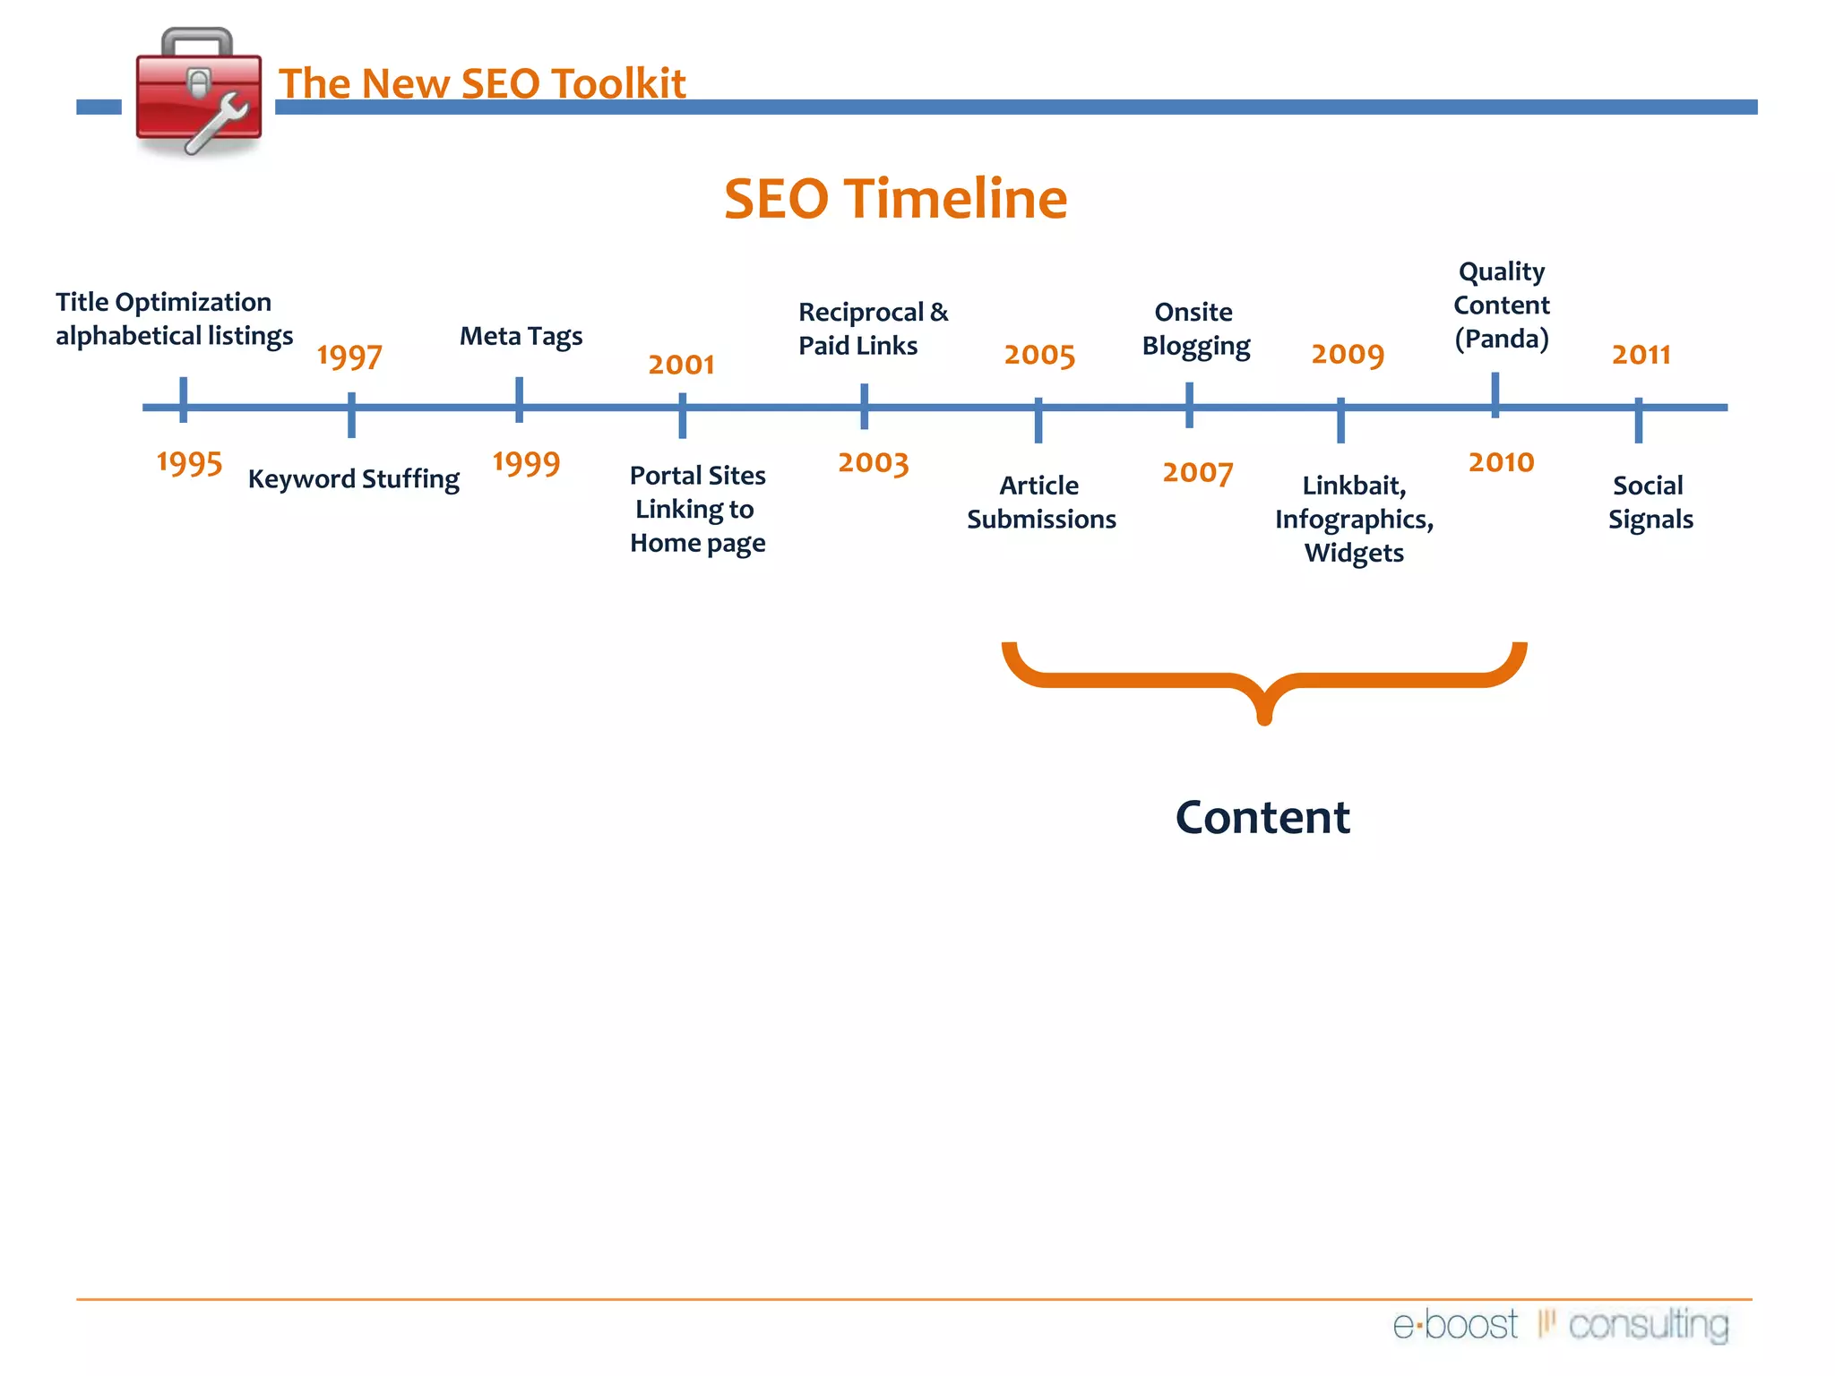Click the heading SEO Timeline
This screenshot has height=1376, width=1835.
click(x=895, y=198)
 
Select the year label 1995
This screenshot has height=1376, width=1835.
click(x=189, y=463)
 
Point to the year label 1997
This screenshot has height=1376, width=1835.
click(x=349, y=357)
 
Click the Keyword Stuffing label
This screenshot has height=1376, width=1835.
click(x=353, y=479)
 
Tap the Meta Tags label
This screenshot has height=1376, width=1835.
click(x=521, y=336)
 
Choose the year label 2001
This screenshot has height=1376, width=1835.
click(x=681, y=365)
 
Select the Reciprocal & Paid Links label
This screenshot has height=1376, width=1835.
click(x=872, y=329)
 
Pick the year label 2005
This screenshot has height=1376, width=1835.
click(x=1038, y=356)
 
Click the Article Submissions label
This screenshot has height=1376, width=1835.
click(x=1040, y=503)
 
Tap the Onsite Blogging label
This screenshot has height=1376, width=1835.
click(x=1194, y=329)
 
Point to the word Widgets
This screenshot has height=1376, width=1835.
click(x=1353, y=554)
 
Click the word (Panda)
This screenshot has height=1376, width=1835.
click(x=1501, y=340)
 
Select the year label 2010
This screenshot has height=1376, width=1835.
click(x=1501, y=462)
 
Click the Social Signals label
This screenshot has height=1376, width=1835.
click(x=1650, y=503)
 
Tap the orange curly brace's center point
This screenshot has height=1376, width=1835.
click(x=1264, y=708)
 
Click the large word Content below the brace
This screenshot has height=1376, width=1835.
click(x=1262, y=817)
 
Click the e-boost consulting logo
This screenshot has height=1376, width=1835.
click(x=1560, y=1325)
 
